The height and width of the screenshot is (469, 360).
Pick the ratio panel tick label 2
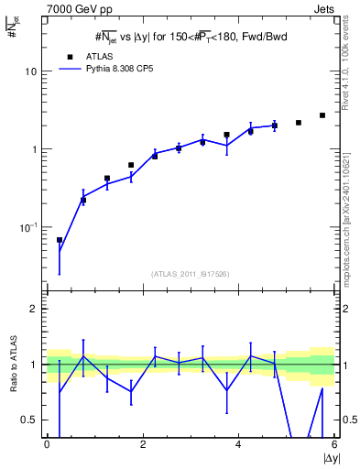[34, 310]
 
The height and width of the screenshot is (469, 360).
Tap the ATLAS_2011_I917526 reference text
[191, 274]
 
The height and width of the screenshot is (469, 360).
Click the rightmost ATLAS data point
[322, 115]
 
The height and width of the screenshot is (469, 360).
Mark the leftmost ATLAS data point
[60, 240]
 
